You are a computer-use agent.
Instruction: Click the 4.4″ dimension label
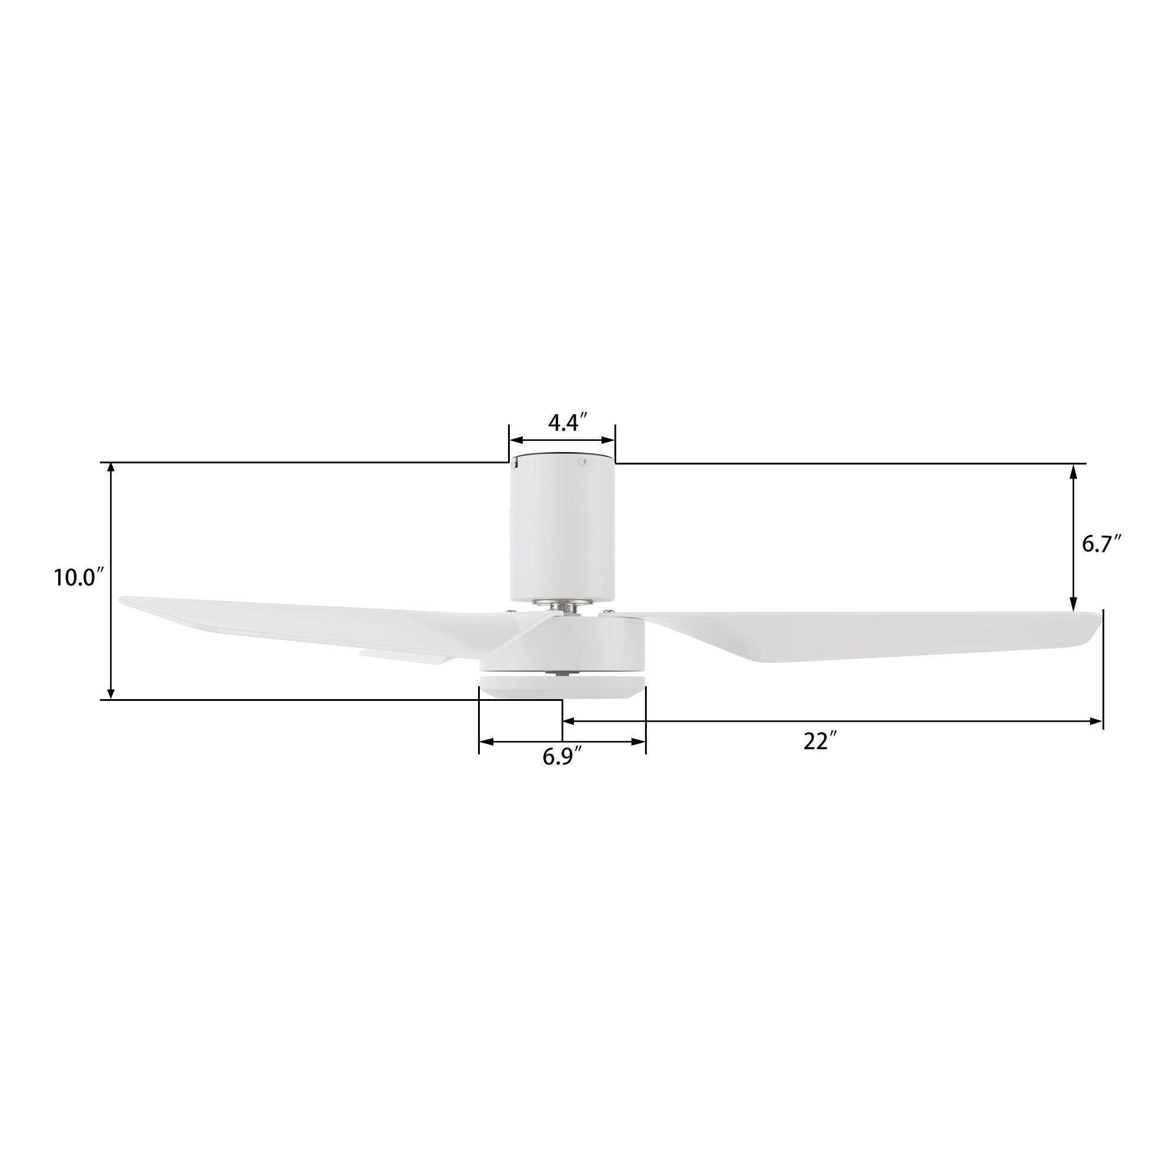[x=567, y=422]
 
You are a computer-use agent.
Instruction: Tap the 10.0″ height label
[x=79, y=577]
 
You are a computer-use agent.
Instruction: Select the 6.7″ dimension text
[x=1101, y=543]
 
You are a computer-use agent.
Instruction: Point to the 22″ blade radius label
[x=820, y=741]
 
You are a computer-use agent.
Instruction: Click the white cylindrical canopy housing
[x=562, y=530]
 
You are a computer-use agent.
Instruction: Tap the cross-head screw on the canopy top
[x=583, y=462]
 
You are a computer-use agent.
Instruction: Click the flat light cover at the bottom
[x=561, y=686]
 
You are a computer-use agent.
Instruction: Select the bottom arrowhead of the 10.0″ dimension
[x=111, y=694]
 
